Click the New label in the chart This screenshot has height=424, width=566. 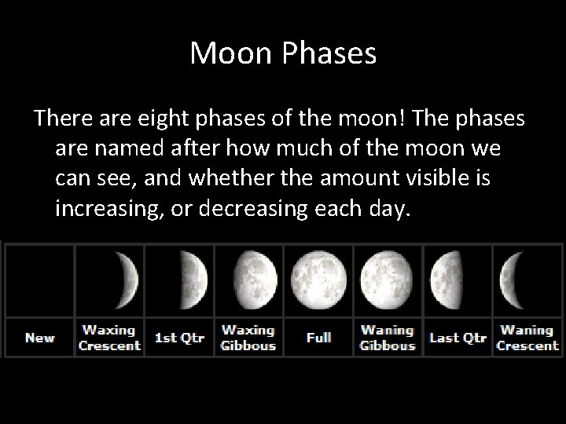tap(39, 338)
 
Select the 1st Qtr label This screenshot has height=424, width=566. tap(179, 338)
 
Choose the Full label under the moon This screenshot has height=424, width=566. tap(318, 338)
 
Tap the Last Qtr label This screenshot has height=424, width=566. tap(458, 338)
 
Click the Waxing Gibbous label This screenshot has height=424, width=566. tap(248, 338)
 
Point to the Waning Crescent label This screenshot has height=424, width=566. tap(527, 338)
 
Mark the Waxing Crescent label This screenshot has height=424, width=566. tap(109, 338)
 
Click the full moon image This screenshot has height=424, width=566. tap(318, 280)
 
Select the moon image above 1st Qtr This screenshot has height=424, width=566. tap(192, 280)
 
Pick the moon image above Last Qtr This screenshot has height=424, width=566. tap(445, 280)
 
